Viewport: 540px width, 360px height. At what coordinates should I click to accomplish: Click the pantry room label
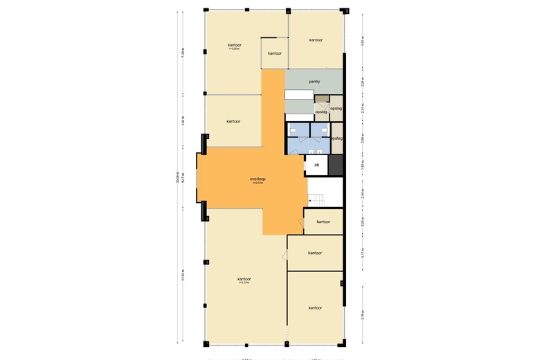click(x=314, y=82)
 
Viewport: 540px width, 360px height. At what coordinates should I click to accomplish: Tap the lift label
click(x=316, y=165)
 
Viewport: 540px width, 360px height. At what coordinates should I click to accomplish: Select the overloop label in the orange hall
click(x=258, y=179)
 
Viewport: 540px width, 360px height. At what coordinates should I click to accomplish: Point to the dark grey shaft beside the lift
click(x=336, y=165)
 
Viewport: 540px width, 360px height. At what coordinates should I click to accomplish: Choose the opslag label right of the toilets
click(x=337, y=138)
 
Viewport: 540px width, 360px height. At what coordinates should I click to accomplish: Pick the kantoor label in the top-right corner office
click(x=316, y=40)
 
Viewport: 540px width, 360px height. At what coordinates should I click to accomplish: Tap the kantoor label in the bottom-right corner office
click(x=315, y=307)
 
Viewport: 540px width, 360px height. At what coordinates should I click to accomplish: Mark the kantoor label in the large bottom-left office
click(x=243, y=279)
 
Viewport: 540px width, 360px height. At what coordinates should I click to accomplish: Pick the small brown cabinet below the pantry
click(x=321, y=99)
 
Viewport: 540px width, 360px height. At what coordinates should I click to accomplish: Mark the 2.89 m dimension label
click(x=361, y=138)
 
